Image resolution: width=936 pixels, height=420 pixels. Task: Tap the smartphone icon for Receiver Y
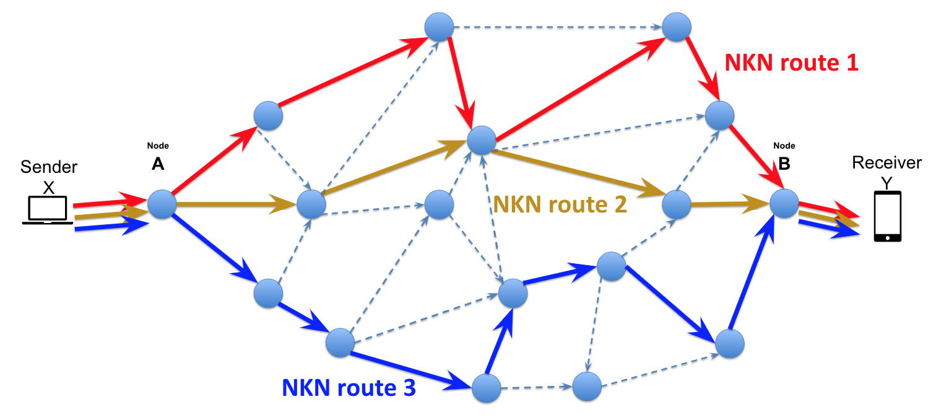(x=887, y=216)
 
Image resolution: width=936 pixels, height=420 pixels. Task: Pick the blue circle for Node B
(x=784, y=203)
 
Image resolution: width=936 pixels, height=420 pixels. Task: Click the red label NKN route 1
(x=791, y=63)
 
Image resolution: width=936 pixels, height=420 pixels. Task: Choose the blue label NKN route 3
(x=349, y=388)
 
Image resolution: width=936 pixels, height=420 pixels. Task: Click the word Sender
(x=49, y=167)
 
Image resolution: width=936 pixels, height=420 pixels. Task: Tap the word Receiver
(x=886, y=162)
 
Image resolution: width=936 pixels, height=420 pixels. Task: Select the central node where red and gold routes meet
(x=481, y=140)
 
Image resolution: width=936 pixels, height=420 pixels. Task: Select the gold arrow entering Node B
(x=730, y=203)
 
